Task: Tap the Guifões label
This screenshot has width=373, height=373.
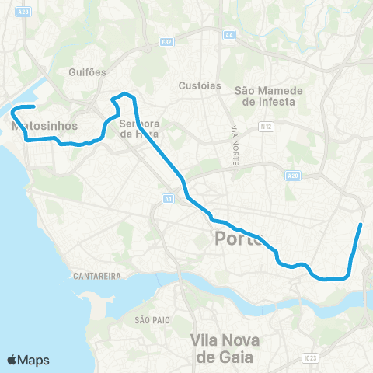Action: pyautogui.click(x=86, y=71)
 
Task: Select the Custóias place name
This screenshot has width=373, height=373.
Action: pyautogui.click(x=200, y=85)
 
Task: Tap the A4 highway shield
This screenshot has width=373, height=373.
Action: pyautogui.click(x=229, y=34)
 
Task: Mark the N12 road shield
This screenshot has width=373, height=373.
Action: pyautogui.click(x=267, y=125)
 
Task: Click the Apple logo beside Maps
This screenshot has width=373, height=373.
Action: pyautogui.click(x=13, y=360)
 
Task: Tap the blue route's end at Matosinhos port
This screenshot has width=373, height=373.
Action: pyautogui.click(x=33, y=106)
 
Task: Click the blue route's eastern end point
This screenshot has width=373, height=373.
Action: pyautogui.click(x=361, y=225)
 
